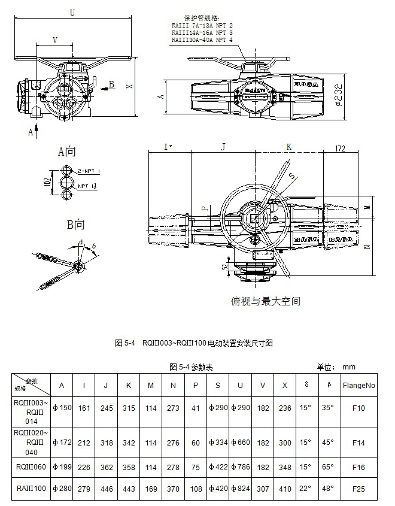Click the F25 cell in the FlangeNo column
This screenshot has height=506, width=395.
(x=358, y=489)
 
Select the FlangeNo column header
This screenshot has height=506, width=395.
(x=359, y=386)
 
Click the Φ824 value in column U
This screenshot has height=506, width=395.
(x=239, y=489)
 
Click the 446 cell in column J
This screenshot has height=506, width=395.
(x=105, y=489)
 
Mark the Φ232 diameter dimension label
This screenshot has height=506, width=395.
(x=339, y=93)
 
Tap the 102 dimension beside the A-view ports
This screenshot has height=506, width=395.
(x=48, y=181)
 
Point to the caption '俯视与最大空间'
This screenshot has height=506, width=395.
(x=265, y=301)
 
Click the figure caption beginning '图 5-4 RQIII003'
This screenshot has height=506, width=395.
(x=193, y=343)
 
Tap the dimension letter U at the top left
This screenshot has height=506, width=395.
(x=72, y=12)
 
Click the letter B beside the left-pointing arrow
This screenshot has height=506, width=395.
(x=111, y=85)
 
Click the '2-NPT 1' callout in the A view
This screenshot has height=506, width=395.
(x=89, y=171)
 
